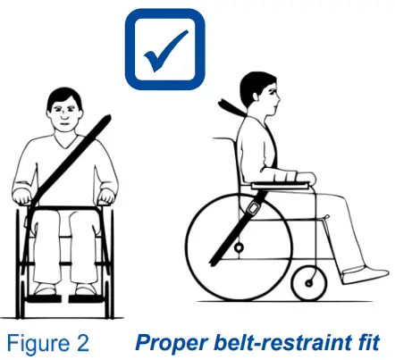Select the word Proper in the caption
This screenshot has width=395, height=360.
click(166, 341)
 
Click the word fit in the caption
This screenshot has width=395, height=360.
click(366, 341)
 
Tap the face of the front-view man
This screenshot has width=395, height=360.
click(63, 113)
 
